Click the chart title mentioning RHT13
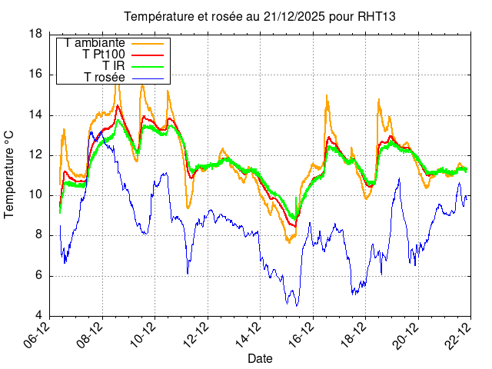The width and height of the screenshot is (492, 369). (x=260, y=17)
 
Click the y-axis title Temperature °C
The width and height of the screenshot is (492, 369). (x=9, y=175)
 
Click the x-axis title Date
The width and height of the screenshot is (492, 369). (x=260, y=358)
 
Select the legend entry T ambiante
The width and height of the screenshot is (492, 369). (x=95, y=43)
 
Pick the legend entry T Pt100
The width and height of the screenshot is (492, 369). (x=104, y=55)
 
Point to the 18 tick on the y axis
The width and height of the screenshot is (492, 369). (x=35, y=34)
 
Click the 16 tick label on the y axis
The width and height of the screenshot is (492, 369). (x=35, y=75)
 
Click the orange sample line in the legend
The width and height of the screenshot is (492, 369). (x=148, y=43)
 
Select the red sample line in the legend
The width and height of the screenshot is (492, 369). (x=148, y=55)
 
